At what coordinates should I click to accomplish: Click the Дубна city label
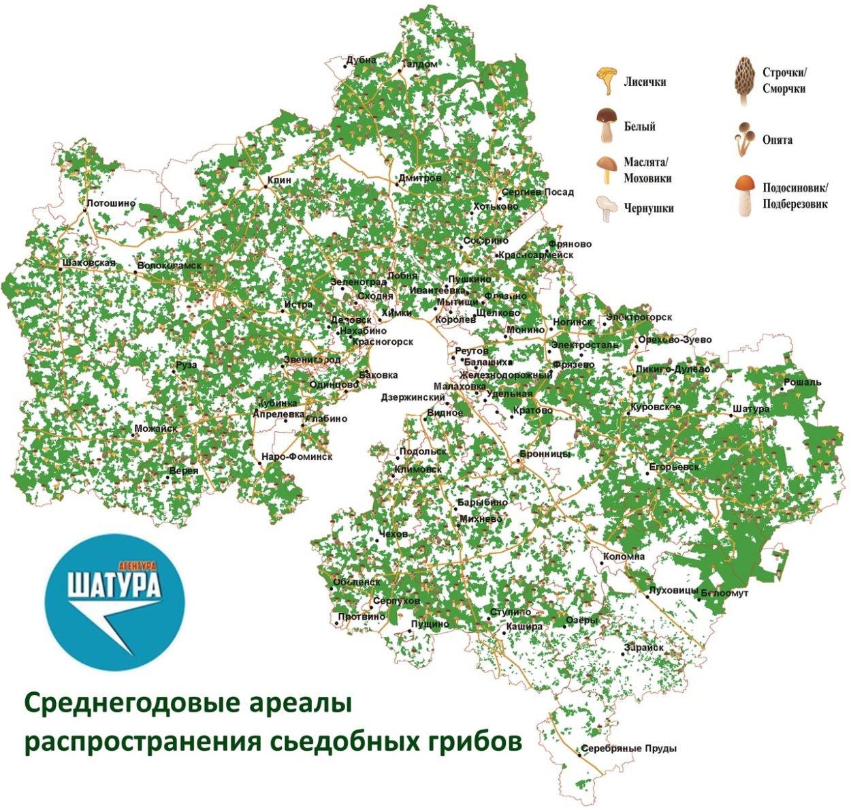pyautogui.click(x=362, y=60)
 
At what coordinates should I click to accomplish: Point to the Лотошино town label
pyautogui.click(x=112, y=203)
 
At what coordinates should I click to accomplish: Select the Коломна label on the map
pyautogui.click(x=624, y=557)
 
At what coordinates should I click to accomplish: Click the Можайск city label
pyautogui.click(x=156, y=429)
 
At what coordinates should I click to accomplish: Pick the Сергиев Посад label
pyautogui.click(x=538, y=192)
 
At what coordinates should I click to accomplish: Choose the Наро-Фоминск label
pyautogui.click(x=297, y=457)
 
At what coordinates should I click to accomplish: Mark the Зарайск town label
pyautogui.click(x=643, y=647)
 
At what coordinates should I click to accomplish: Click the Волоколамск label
pyautogui.click(x=170, y=266)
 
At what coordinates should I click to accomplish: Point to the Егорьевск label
pyautogui.click(x=674, y=467)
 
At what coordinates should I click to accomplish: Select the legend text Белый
pyautogui.click(x=640, y=127)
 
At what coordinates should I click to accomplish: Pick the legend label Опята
pyautogui.click(x=777, y=140)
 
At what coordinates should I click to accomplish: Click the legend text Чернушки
pyautogui.click(x=649, y=208)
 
